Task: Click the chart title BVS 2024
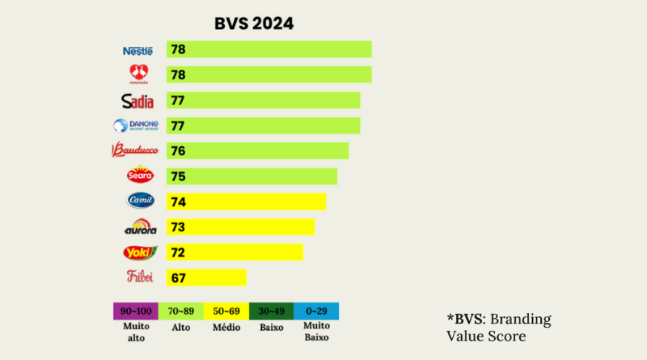coord(253,23)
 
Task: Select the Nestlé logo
coord(137,50)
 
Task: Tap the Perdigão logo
coord(138,74)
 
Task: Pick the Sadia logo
coord(137,100)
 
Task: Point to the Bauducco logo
coord(133,150)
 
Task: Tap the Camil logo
coord(140,201)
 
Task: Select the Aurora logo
coord(140,227)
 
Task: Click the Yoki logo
coord(139,252)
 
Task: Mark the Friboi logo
coord(140,277)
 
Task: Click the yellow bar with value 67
coord(206,277)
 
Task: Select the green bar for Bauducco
coord(257,150)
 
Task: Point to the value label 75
coord(178,176)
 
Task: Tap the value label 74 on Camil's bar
coord(178,201)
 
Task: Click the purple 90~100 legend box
coord(136,311)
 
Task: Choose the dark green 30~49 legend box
coord(271,311)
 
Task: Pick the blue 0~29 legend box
coord(316,311)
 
